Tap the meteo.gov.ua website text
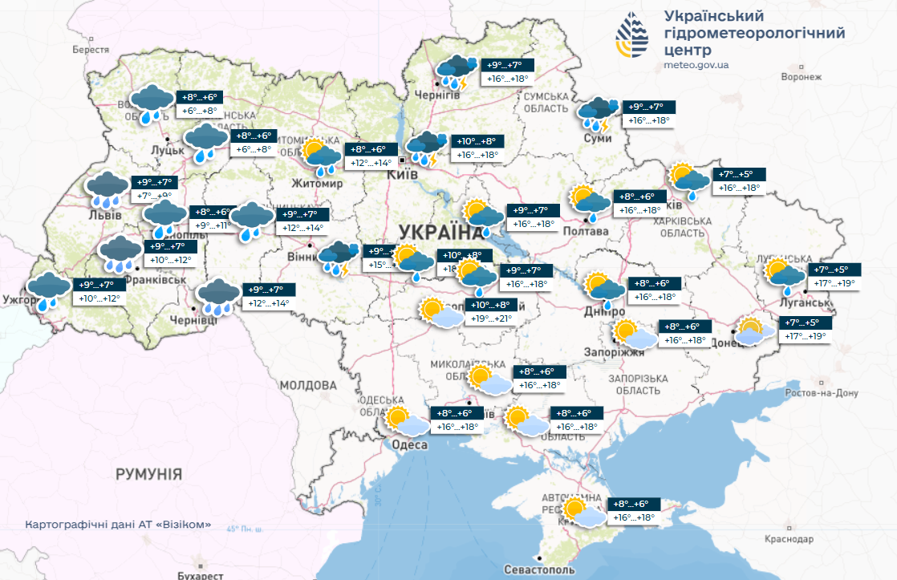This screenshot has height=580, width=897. click(696, 64)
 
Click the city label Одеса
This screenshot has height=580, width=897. click(409, 445)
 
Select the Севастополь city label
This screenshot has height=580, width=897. click(540, 569)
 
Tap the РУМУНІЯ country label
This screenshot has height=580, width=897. click(148, 473)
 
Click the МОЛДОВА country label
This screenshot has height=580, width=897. click(310, 385)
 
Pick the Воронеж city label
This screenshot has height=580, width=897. click(802, 77)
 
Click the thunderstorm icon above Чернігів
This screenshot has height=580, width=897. click(456, 71)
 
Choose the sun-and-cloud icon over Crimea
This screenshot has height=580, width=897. click(581, 513)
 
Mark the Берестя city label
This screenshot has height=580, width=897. click(91, 50)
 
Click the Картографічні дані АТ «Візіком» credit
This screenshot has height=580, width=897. click(119, 525)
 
